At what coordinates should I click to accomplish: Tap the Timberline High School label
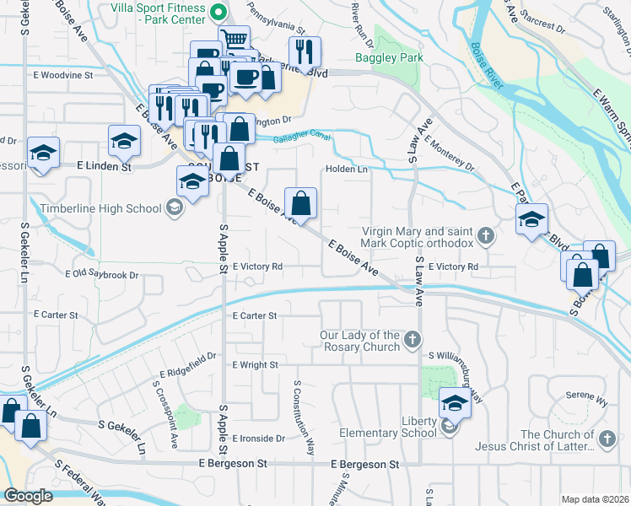pos(105,208)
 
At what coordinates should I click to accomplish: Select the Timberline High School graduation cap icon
pos(175,208)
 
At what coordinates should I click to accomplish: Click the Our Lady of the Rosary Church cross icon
pos(412,340)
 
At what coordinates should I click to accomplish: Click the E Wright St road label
pos(255,365)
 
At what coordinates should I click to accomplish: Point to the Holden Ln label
pos(348,169)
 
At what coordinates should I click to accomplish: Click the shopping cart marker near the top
pos(235,39)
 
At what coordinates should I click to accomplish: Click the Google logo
pos(29,496)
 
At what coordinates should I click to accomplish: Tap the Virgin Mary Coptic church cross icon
pos(485,235)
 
